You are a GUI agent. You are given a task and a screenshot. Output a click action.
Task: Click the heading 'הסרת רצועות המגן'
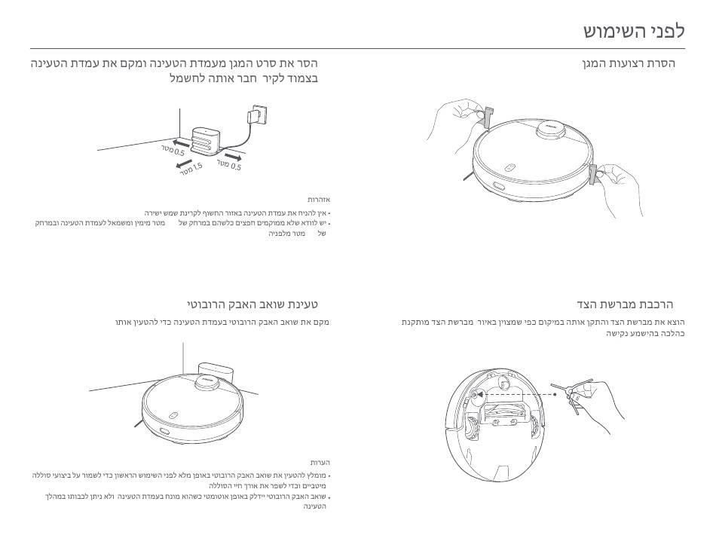tap(629, 63)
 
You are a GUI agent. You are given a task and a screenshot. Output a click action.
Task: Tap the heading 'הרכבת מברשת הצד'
tap(626, 304)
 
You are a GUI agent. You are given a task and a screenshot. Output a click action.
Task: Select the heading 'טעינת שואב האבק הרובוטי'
tap(252, 304)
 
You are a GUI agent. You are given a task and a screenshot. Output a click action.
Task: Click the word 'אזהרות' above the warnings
tap(319, 200)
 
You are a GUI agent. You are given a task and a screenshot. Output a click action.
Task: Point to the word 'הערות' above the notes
tap(320, 462)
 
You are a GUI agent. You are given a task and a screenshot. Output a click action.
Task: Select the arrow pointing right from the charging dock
tap(232, 157)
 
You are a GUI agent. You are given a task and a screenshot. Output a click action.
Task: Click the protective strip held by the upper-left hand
tap(486, 118)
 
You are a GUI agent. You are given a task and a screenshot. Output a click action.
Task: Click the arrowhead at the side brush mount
tap(479, 393)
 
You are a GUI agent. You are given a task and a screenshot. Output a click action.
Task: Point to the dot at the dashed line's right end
tap(554, 393)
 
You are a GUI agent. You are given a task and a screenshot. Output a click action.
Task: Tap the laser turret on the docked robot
tap(207, 383)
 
